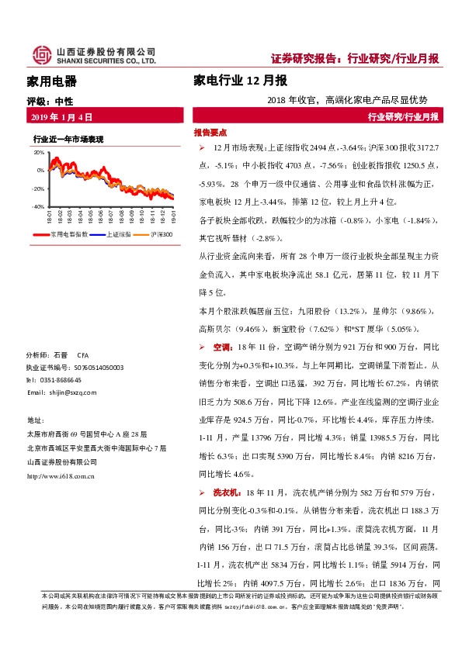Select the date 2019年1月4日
pos(61,117)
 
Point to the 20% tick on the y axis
pos(39,153)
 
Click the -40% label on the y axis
pos(38,207)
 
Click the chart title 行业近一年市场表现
pos(68,139)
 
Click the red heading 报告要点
pos(210,133)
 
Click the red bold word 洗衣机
pos(224,492)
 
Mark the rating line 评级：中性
pos(50,101)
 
